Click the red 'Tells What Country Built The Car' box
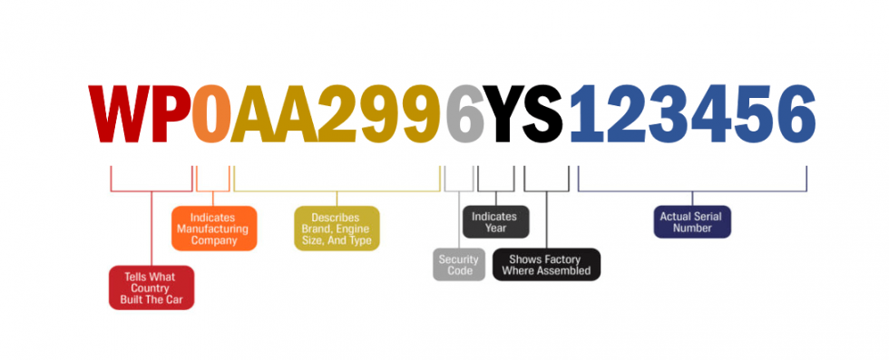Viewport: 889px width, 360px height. click(x=151, y=287)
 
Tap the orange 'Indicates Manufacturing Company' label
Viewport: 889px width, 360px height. click(x=214, y=229)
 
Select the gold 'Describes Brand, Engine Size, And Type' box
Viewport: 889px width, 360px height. click(x=336, y=229)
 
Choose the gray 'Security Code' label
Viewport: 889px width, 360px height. click(x=460, y=265)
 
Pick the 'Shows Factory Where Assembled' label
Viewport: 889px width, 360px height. click(x=547, y=265)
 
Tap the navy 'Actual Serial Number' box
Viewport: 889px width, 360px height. click(x=692, y=222)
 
